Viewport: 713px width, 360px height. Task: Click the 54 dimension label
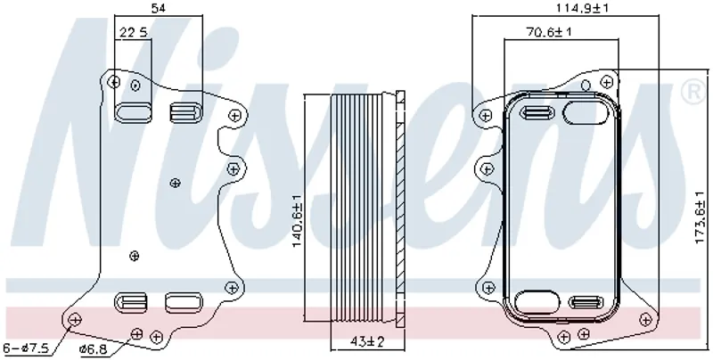click(x=158, y=8)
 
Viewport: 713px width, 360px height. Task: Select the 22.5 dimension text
click(x=133, y=32)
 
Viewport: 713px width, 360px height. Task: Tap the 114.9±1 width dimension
click(x=583, y=8)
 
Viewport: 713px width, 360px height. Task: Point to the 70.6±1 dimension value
click(x=549, y=32)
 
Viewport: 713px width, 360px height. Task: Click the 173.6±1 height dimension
click(x=701, y=217)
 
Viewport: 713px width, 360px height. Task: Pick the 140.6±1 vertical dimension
click(x=297, y=221)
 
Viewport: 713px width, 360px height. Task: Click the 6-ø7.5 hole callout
click(x=26, y=348)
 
